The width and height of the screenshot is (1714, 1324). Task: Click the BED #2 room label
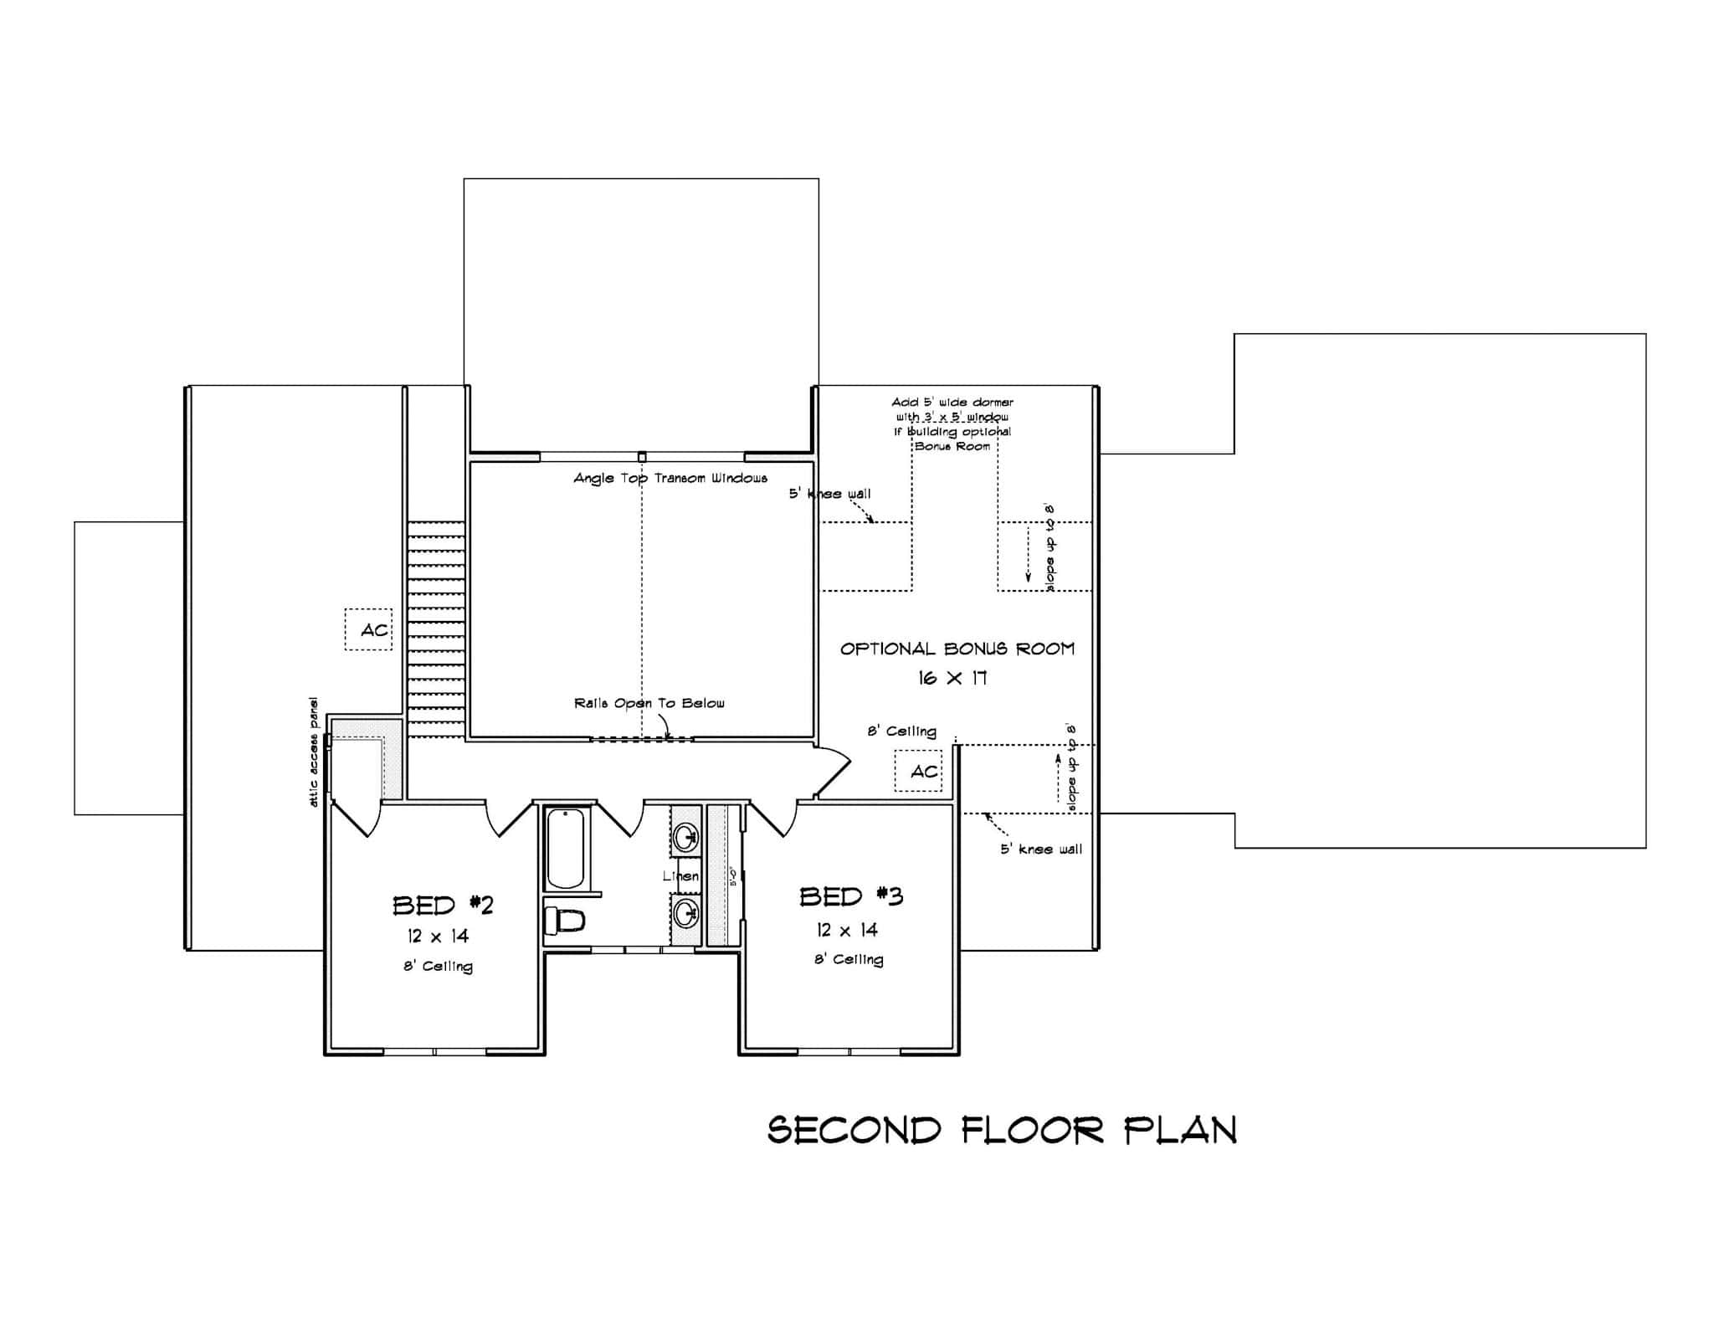click(443, 905)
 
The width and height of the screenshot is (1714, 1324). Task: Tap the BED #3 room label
click(850, 896)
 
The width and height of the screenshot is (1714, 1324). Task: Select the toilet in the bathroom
click(563, 921)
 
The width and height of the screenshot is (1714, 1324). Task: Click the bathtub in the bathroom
click(566, 849)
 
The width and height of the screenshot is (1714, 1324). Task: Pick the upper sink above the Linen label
click(687, 834)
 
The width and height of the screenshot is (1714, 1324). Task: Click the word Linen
click(680, 875)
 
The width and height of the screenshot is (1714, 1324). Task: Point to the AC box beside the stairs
click(369, 629)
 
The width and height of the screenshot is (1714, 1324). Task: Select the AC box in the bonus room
click(919, 771)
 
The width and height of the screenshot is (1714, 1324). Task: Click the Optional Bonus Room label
click(957, 649)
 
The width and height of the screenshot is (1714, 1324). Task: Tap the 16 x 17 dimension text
click(952, 678)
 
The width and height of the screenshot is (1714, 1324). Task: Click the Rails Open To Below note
click(649, 703)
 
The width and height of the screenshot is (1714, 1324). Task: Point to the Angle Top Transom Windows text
click(670, 478)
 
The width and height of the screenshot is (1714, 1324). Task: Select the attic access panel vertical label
click(314, 751)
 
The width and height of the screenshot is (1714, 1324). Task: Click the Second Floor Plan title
click(1002, 1130)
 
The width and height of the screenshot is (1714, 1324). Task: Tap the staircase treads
click(436, 628)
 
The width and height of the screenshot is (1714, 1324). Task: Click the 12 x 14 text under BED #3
click(847, 930)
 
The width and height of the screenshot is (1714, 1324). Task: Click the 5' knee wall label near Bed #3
click(1041, 849)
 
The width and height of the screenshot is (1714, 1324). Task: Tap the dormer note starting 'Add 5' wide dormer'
click(952, 423)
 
